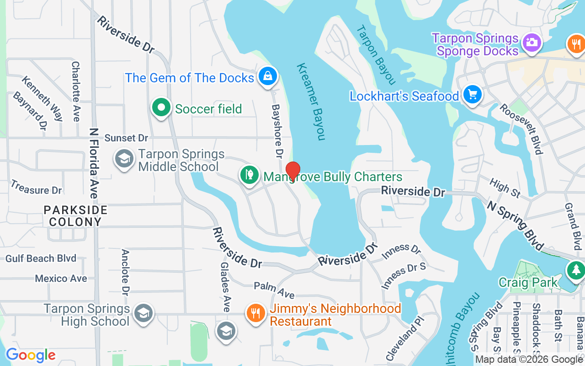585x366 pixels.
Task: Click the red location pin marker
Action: [292, 171]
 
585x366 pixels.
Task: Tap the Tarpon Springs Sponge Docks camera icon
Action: [532, 42]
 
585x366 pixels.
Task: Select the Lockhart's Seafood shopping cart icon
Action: [472, 95]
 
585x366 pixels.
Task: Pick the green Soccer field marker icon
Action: [161, 108]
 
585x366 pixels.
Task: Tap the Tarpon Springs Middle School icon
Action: [124, 159]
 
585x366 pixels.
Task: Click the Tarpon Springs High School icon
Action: [144, 314]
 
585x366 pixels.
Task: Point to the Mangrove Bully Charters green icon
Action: [249, 175]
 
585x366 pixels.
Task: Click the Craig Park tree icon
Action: [575, 269]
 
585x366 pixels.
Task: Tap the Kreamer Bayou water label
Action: [311, 101]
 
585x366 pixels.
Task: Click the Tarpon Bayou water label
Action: [375, 54]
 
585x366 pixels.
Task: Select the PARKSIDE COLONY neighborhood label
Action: [76, 216]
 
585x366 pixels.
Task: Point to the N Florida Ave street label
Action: [94, 163]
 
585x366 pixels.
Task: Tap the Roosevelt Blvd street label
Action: [521, 129]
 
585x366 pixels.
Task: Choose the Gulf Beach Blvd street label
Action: [41, 258]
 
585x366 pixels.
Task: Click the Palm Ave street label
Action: [274, 290]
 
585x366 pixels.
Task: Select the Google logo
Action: [31, 355]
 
